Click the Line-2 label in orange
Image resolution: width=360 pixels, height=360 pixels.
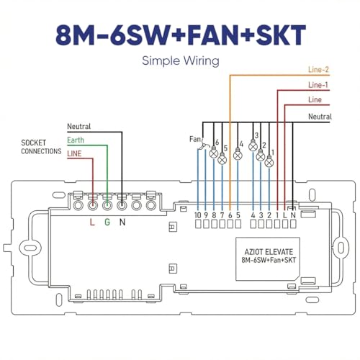(318, 70)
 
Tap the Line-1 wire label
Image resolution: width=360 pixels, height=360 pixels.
(318, 85)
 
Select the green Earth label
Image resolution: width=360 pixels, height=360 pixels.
(76, 140)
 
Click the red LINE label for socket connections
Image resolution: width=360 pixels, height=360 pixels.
(74, 153)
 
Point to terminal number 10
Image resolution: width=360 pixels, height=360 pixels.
(198, 215)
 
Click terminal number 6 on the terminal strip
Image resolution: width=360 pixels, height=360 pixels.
(230, 215)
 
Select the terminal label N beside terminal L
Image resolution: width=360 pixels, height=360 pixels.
(293, 215)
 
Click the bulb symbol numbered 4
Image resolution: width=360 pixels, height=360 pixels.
(238, 155)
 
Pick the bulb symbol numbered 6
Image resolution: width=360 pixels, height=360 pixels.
(214, 153)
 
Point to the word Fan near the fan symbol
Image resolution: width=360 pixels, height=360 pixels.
(195, 139)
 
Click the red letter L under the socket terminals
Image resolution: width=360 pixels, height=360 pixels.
(92, 222)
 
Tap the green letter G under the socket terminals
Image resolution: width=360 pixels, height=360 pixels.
(107, 222)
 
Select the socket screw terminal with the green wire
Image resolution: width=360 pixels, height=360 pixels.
(107, 205)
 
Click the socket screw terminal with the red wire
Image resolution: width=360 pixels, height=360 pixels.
(93, 205)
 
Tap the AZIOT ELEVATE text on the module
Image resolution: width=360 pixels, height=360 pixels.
(269, 252)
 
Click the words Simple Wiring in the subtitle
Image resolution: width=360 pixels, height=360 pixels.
(181, 60)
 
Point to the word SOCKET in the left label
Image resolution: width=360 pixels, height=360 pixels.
(33, 143)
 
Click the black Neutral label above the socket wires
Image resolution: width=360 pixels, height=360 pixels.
(79, 126)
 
